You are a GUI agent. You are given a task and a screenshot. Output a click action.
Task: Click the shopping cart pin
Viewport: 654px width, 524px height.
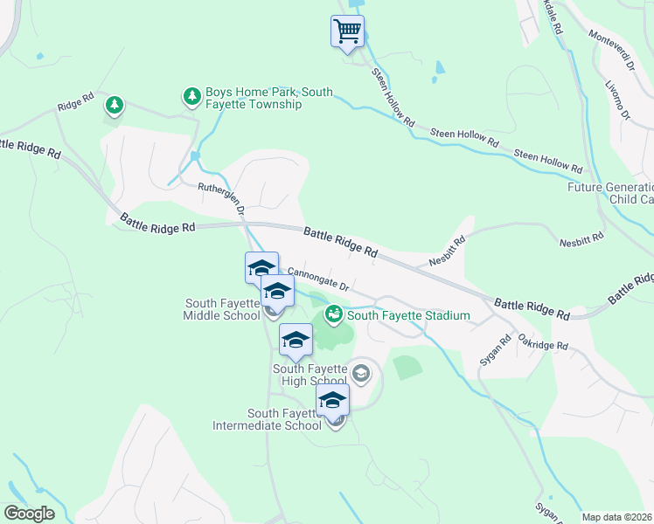[x=347, y=31]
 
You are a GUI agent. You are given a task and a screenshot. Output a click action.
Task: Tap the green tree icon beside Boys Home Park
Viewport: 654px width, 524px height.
[x=191, y=97]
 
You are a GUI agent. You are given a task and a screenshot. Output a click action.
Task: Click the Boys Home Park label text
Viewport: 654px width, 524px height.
[x=254, y=98]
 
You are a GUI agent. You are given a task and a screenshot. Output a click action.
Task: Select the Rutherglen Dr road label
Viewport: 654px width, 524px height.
[x=221, y=197]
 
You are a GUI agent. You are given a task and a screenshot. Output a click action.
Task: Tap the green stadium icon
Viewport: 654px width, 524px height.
[x=333, y=314]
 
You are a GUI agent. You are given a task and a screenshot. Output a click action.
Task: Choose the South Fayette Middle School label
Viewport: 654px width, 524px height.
[x=223, y=309]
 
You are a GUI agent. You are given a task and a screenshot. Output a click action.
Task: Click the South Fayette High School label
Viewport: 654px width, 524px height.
[x=310, y=375]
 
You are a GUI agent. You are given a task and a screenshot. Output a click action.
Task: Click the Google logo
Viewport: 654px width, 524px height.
[x=29, y=513]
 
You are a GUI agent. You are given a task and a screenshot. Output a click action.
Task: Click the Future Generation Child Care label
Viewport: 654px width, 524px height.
[x=610, y=193]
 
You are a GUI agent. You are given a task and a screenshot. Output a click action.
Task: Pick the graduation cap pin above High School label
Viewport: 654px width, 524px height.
[x=296, y=341]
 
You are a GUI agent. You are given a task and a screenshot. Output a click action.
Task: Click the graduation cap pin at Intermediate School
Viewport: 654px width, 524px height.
[x=332, y=400]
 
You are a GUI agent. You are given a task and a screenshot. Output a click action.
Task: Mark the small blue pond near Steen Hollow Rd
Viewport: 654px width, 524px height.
[x=440, y=67]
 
